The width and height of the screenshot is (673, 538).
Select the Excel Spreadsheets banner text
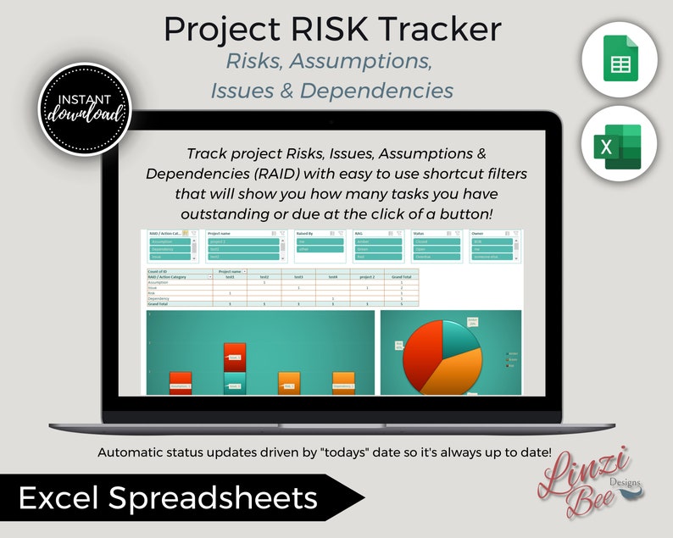pos(169,498)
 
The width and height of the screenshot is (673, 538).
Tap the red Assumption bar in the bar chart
pos(180,383)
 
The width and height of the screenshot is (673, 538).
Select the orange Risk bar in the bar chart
pos(289,383)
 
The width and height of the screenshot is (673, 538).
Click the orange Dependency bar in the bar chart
pos(343,383)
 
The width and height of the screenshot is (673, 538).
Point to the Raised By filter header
pos(306,232)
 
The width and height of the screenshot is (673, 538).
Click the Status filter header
pos(420,232)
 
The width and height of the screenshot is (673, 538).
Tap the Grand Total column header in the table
pos(401,276)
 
